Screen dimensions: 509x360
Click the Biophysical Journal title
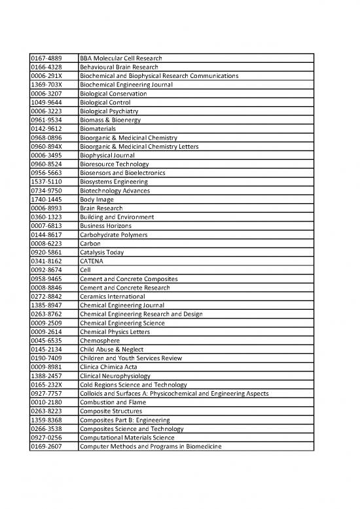click(x=107, y=156)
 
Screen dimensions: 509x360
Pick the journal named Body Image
click(x=96, y=200)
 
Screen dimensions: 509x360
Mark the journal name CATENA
click(x=91, y=261)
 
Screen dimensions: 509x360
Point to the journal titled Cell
click(x=85, y=270)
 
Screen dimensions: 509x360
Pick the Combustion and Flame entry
click(x=111, y=402)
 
